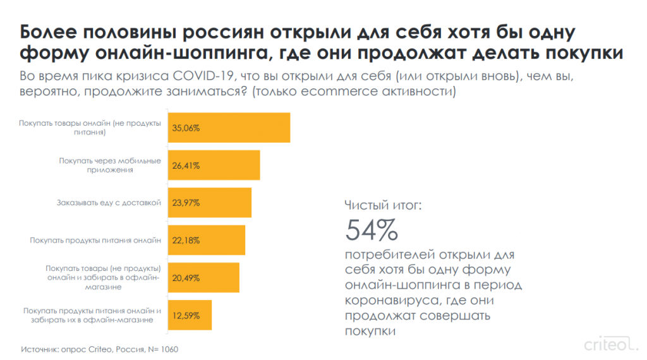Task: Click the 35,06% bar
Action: click(x=228, y=128)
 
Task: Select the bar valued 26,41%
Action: click(x=214, y=165)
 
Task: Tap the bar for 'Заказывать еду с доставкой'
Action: click(x=209, y=203)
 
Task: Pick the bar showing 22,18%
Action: click(x=206, y=240)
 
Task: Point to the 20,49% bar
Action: click(x=203, y=277)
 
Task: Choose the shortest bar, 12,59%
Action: click(x=190, y=315)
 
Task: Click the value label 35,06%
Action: click(x=186, y=128)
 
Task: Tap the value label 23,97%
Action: click(x=186, y=203)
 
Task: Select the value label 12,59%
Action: click(x=186, y=315)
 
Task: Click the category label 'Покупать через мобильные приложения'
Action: click(x=111, y=165)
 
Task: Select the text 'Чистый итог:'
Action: click(x=383, y=205)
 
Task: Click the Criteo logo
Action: click(x=607, y=345)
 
